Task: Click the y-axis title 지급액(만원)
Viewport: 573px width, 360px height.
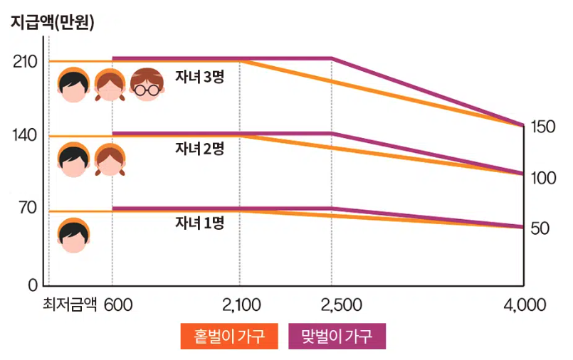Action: pos(52,21)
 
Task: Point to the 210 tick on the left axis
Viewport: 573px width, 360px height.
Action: pos(25,62)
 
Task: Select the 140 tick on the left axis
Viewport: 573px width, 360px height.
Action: pos(25,136)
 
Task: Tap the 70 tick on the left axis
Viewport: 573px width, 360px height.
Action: pos(26,209)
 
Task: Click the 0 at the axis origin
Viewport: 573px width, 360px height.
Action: pos(31,285)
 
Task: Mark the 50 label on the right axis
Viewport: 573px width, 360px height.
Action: pos(540,229)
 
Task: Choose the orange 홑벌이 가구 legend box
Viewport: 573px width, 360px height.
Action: pos(228,337)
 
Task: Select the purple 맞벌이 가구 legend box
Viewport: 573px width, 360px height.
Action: pos(337,337)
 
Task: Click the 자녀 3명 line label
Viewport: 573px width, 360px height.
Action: pos(200,78)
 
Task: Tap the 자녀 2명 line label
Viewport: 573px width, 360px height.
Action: pos(200,148)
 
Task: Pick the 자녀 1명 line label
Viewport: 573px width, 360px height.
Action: pos(200,223)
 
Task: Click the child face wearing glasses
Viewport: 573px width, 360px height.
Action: pos(147,85)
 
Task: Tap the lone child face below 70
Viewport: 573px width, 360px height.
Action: pos(73,235)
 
